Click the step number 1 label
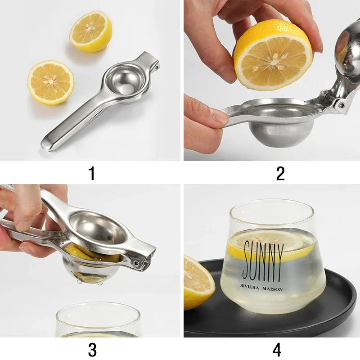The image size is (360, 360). point(92,173)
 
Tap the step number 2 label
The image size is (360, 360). point(280,173)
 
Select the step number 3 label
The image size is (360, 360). point(92,350)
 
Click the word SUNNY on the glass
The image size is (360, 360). point(264,261)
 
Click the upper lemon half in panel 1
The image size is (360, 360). point(90,31)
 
